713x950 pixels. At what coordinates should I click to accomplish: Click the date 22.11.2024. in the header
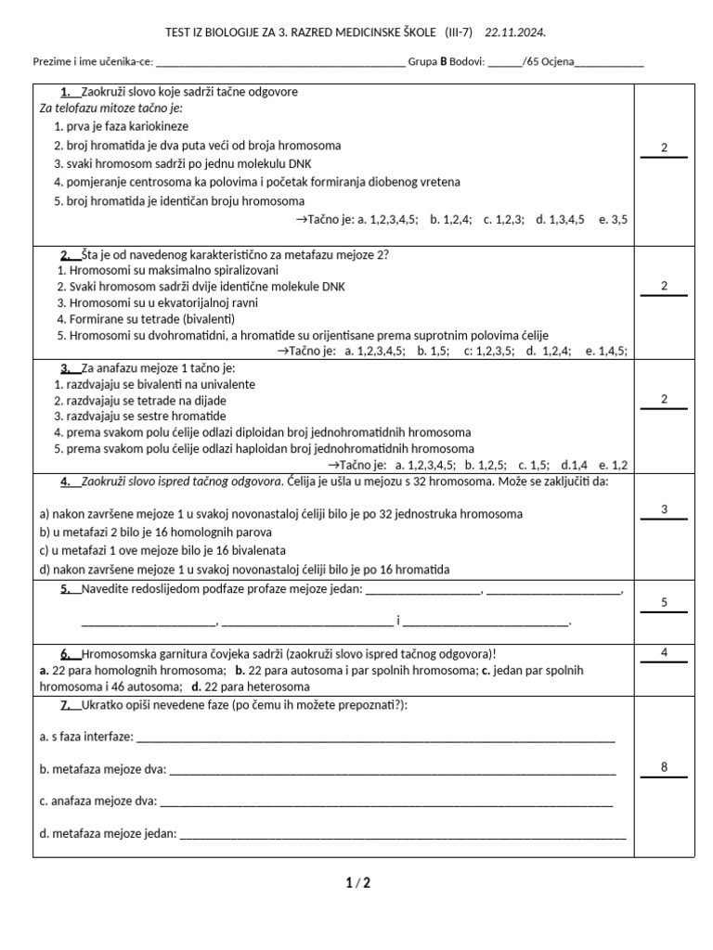tap(515, 33)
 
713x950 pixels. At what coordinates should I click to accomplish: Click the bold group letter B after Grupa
tap(443, 62)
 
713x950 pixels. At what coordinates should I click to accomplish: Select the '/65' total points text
tap(534, 62)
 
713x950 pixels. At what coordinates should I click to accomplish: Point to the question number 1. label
tap(66, 92)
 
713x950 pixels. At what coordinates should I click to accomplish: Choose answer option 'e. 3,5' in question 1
tap(613, 220)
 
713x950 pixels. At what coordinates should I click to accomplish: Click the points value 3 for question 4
tap(664, 509)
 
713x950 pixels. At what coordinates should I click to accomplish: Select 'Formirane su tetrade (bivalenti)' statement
tap(145, 319)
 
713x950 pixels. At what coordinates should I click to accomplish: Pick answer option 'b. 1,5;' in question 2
tap(434, 352)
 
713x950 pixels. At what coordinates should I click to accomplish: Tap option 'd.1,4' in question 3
tap(574, 465)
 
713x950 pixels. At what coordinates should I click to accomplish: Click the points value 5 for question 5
tap(664, 603)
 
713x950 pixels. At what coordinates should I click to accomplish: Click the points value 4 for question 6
tap(664, 653)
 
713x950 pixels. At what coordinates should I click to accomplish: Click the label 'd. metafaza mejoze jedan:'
tap(108, 834)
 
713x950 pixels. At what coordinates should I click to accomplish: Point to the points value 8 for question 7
tap(664, 767)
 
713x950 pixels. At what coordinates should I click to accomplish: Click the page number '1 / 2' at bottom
tap(357, 883)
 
